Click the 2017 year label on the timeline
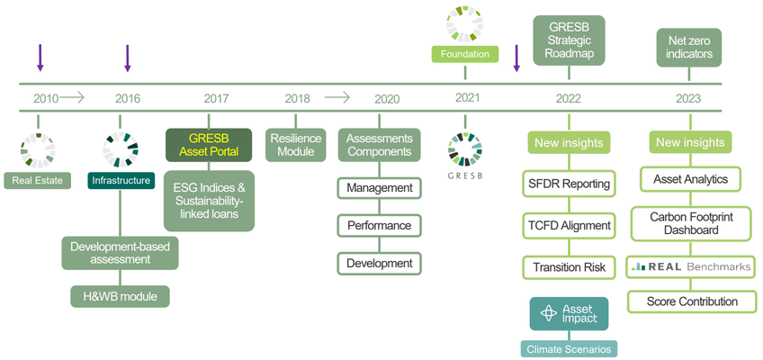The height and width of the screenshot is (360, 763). (x=216, y=98)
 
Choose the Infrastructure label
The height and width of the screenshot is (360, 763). (x=121, y=181)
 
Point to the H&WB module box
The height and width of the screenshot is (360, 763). (x=120, y=296)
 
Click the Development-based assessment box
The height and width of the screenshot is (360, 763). (x=120, y=252)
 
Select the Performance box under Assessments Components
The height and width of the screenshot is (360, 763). (x=379, y=226)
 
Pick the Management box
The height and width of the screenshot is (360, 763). (x=379, y=188)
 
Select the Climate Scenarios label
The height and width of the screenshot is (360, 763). (x=568, y=348)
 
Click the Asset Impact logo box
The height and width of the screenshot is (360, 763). (x=569, y=314)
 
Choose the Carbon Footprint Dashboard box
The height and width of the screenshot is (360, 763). (x=690, y=223)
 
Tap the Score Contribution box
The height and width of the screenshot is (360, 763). (x=691, y=301)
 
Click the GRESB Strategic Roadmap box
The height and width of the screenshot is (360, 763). (x=569, y=40)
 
